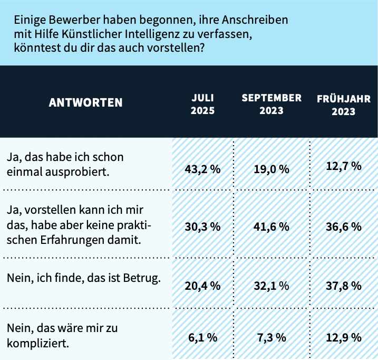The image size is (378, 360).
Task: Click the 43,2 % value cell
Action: (x=202, y=169)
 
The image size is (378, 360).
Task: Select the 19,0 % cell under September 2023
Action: (x=271, y=169)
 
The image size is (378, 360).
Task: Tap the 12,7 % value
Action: (x=343, y=166)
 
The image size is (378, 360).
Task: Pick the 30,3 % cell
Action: (x=202, y=226)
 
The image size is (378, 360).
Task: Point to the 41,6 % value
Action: (x=271, y=226)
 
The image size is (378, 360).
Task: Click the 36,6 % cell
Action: (x=343, y=226)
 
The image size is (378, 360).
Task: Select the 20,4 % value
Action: (x=202, y=286)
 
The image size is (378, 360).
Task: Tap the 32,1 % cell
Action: (x=271, y=286)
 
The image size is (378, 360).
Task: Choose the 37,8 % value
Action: (x=343, y=286)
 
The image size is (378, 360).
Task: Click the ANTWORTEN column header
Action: (x=85, y=102)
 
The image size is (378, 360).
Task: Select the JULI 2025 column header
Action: (x=202, y=104)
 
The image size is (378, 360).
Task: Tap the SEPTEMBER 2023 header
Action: (x=271, y=104)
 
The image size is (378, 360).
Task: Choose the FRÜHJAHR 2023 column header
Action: (x=343, y=105)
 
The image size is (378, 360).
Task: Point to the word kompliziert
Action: (x=37, y=343)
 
